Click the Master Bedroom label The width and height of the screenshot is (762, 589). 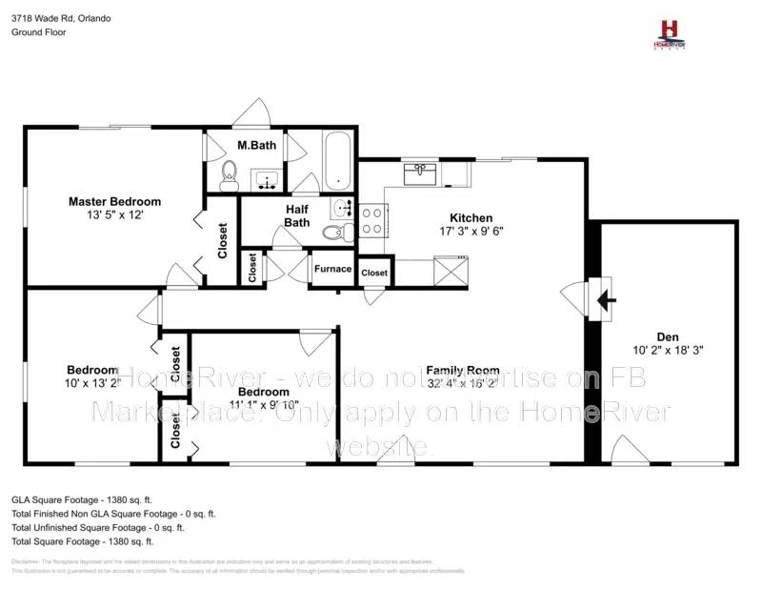click(x=114, y=201)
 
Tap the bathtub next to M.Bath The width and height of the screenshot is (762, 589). click(x=337, y=162)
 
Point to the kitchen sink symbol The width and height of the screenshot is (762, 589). click(x=420, y=173)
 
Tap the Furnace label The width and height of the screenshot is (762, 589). click(x=332, y=269)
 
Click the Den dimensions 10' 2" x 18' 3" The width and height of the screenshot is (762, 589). click(x=667, y=350)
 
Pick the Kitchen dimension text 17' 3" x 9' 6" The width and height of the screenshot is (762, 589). click(x=471, y=231)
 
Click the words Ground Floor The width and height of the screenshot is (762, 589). click(x=38, y=31)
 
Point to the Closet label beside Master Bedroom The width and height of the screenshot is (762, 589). click(x=223, y=240)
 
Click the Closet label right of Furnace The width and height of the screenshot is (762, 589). click(x=374, y=273)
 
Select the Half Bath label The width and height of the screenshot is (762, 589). click(x=297, y=215)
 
